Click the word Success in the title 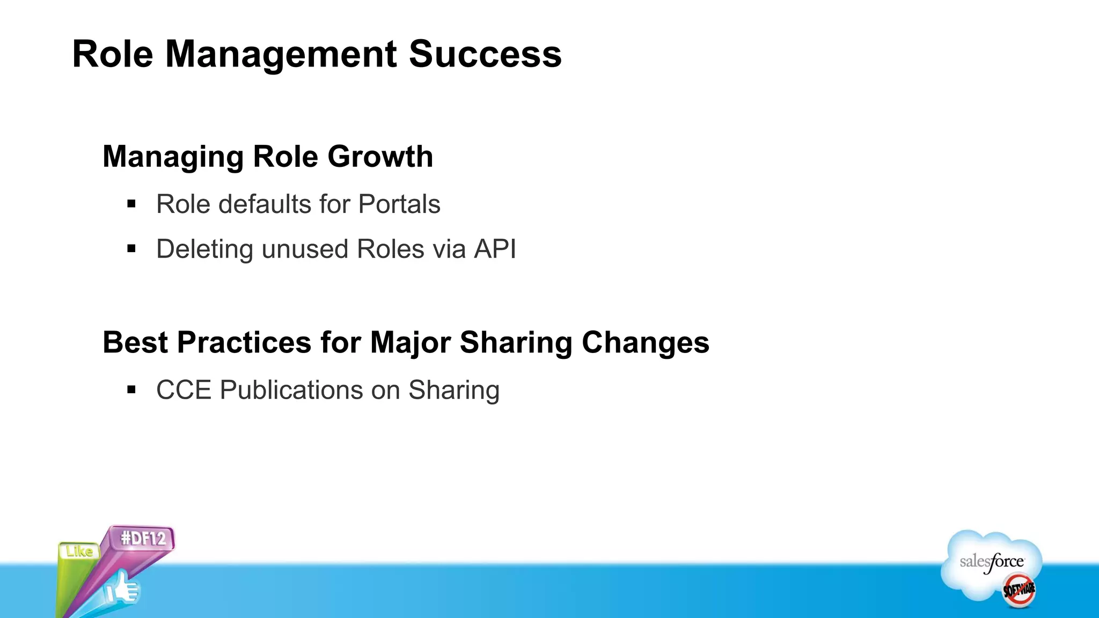point(485,54)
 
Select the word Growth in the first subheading point(380,157)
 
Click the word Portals point(399,204)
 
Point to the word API point(495,249)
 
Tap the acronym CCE point(184,390)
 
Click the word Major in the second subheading point(410,343)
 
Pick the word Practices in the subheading point(244,342)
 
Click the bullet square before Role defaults point(131,204)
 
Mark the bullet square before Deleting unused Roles point(131,248)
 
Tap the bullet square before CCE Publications point(131,389)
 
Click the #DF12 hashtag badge point(143,538)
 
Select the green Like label point(79,551)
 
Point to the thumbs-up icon point(122,589)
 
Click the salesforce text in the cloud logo point(992,562)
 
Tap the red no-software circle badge point(1019,590)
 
